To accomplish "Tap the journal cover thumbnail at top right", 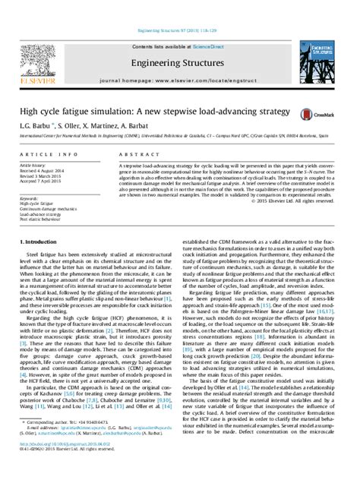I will point(329,52).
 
